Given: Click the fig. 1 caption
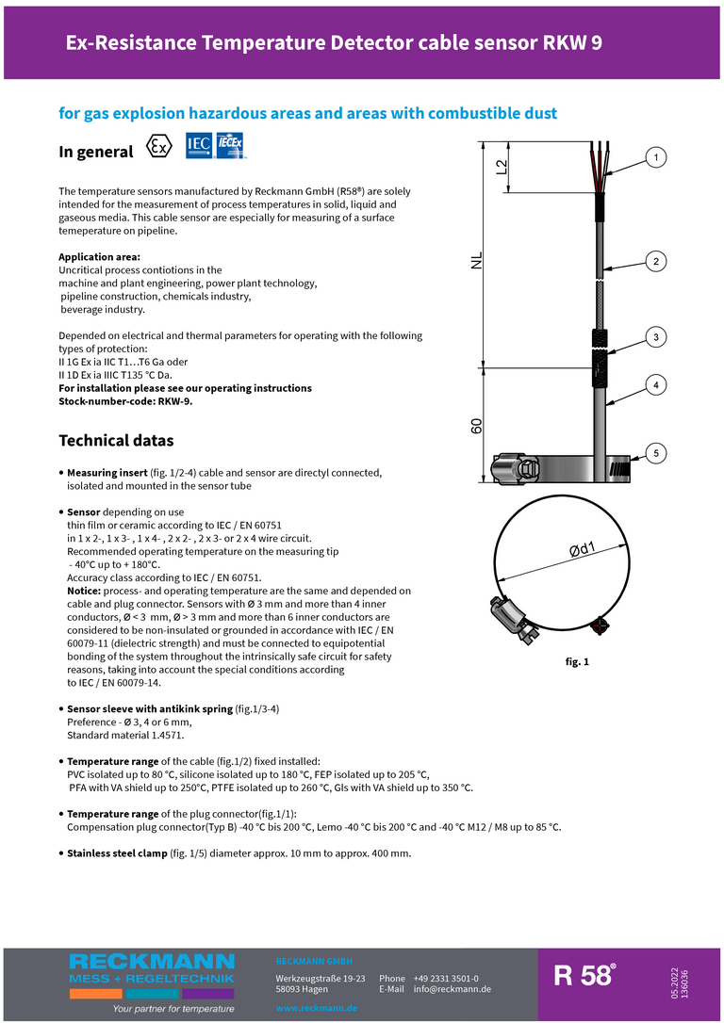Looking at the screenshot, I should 577,662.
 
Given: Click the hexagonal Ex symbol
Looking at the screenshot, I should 160,148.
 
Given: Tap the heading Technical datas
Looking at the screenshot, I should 116,441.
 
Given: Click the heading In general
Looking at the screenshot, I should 96,152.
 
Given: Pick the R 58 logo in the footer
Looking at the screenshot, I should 584,975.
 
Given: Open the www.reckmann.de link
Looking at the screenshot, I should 316,1008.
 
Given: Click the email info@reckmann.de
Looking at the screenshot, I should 452,989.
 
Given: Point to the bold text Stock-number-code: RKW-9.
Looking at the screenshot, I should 125,400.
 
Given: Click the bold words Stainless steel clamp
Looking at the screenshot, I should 121,853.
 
